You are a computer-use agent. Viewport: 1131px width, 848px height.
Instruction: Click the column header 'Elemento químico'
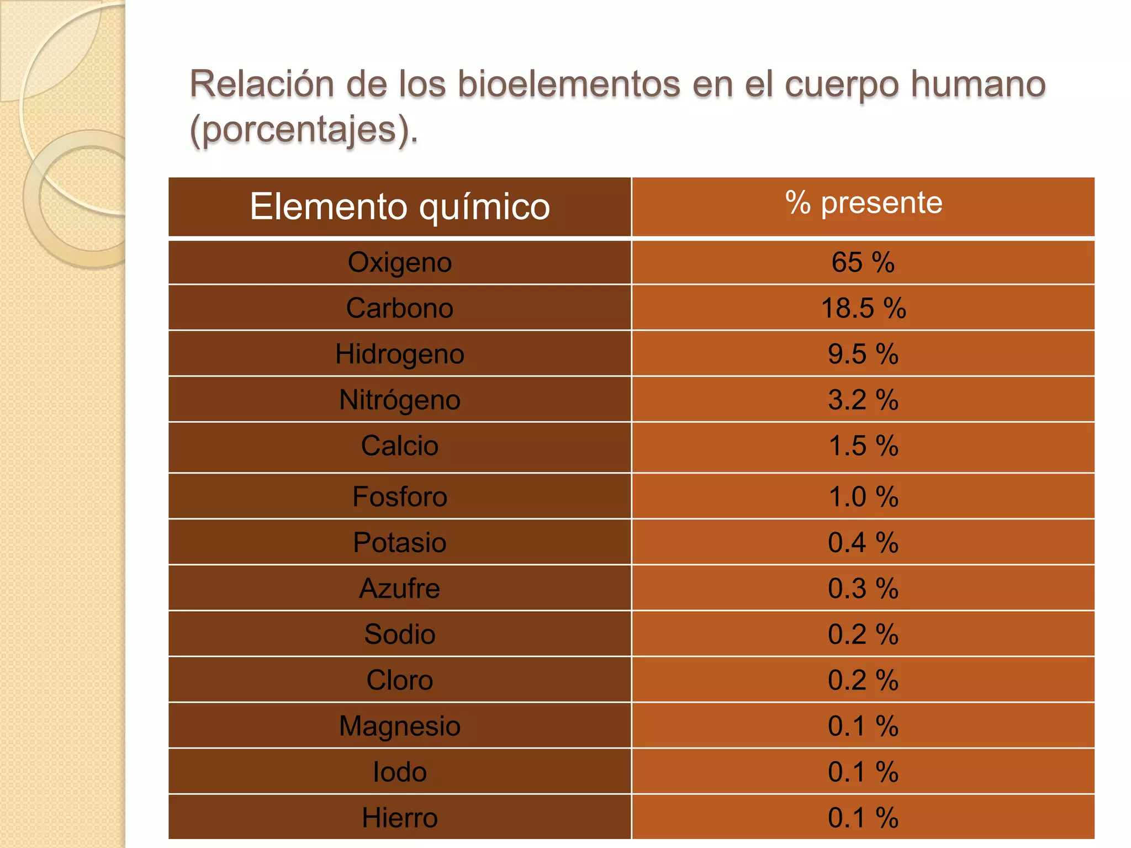pos(400,207)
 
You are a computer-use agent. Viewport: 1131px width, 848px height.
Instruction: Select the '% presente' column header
pos(863,203)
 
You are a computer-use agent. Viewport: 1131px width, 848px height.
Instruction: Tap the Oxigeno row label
pos(400,262)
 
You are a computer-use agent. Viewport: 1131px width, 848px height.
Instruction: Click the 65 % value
pos(863,262)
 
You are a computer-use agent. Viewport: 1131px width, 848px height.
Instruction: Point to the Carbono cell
pos(400,308)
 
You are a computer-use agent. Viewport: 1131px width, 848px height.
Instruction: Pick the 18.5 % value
pos(863,308)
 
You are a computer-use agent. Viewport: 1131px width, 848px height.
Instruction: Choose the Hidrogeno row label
pos(400,354)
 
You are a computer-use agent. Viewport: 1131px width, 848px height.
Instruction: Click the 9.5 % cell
pos(863,354)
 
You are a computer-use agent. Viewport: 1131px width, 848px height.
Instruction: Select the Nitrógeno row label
pos(400,400)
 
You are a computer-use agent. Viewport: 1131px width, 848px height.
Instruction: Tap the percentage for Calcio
pos(863,446)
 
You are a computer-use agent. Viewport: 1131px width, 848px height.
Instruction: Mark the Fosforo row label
pos(400,496)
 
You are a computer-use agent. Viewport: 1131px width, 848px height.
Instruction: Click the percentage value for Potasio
pos(863,542)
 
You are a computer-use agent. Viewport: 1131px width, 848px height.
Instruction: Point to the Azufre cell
pos(400,589)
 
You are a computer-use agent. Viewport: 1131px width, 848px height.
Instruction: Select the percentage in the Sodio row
pos(863,634)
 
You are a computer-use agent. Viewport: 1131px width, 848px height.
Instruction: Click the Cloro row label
pos(400,680)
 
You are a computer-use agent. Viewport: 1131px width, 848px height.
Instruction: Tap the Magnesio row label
pos(400,726)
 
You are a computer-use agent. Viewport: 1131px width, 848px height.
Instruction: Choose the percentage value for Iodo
pos(863,772)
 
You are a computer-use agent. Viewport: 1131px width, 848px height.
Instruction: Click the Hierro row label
pos(400,818)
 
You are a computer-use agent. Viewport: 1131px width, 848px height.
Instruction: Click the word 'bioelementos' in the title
pos(569,84)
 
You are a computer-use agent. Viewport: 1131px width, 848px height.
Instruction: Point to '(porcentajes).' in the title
pos(304,130)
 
